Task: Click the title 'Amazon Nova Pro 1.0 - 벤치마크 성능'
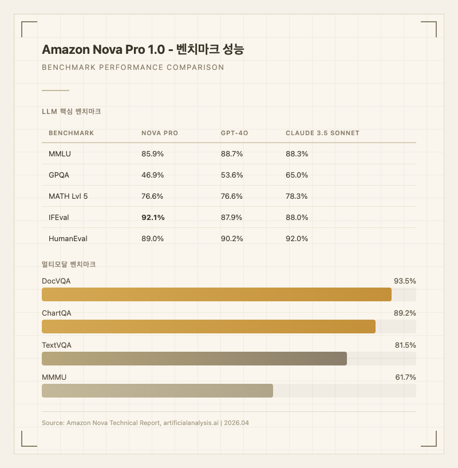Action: coord(143,50)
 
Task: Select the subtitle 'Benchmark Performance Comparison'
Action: coord(133,68)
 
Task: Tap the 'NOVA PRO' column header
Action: coord(160,133)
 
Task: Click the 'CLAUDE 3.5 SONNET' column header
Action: coord(322,133)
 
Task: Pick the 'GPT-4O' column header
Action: coord(234,133)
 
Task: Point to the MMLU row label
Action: coord(60,154)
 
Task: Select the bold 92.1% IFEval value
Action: coord(153,217)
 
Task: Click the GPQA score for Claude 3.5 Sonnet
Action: coord(297,175)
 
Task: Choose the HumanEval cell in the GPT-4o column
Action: coord(232,238)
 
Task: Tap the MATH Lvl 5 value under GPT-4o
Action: coord(232,196)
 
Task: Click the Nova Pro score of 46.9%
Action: coord(152,175)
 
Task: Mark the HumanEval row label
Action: coord(68,238)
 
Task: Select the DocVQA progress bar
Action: coord(216,294)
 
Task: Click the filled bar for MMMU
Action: coord(157,391)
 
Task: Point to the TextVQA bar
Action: coord(194,359)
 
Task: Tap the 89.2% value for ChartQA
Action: coord(405,313)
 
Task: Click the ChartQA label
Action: coord(57,313)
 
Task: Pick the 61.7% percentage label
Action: coord(405,377)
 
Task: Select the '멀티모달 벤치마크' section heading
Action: coord(69,265)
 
